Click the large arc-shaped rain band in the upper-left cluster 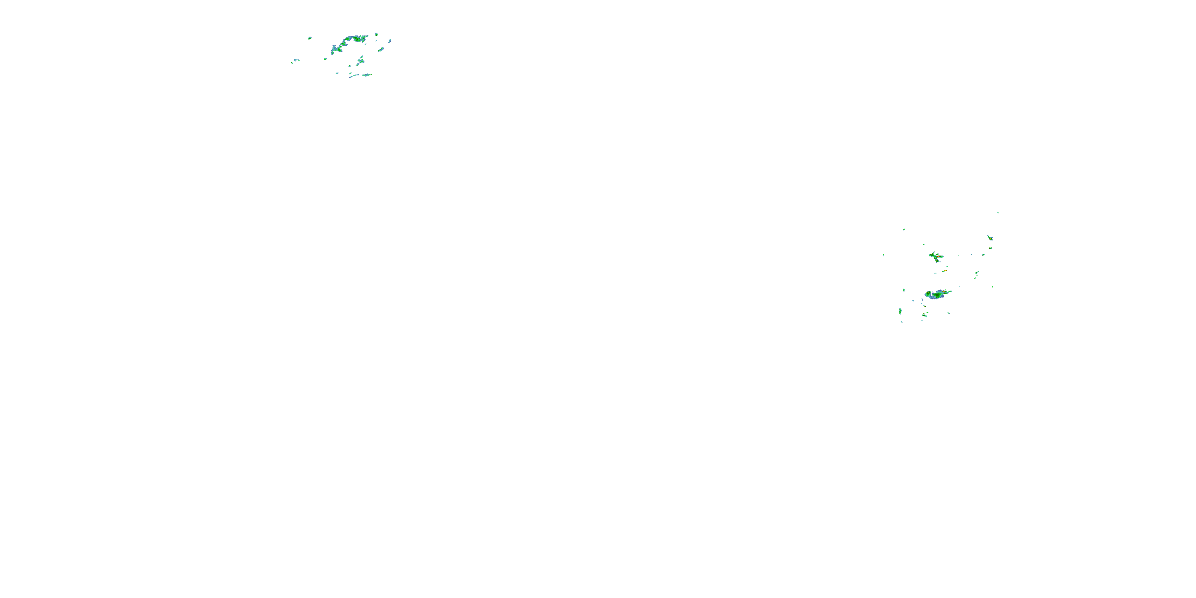(x=346, y=42)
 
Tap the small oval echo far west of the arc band (x=310, y=38)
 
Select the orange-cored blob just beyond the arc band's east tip (x=376, y=34)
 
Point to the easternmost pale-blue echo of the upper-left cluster (x=389, y=41)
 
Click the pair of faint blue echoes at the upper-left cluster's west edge (x=295, y=60)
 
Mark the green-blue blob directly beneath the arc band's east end (x=360, y=60)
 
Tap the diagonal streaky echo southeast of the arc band (x=381, y=49)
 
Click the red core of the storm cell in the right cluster (x=938, y=256)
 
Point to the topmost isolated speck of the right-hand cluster (x=998, y=212)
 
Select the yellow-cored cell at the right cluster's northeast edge (x=990, y=238)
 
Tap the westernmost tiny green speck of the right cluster (x=883, y=255)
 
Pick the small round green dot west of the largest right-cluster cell (x=903, y=290)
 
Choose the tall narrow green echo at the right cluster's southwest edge (x=900, y=311)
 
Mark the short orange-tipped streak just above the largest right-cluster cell (x=944, y=271)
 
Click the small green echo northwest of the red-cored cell (x=923, y=245)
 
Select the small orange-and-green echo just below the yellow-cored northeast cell (x=990, y=248)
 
